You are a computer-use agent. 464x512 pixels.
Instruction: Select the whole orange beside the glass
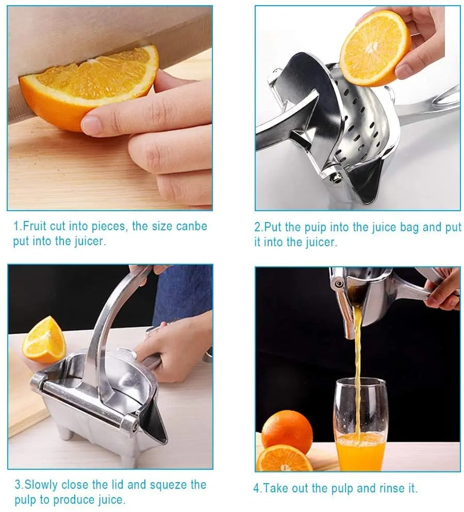[287, 431]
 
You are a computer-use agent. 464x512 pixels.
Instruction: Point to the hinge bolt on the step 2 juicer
[336, 178]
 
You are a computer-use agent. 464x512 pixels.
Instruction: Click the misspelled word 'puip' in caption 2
[315, 228]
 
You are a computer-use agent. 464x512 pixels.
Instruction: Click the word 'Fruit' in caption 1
[34, 226]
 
